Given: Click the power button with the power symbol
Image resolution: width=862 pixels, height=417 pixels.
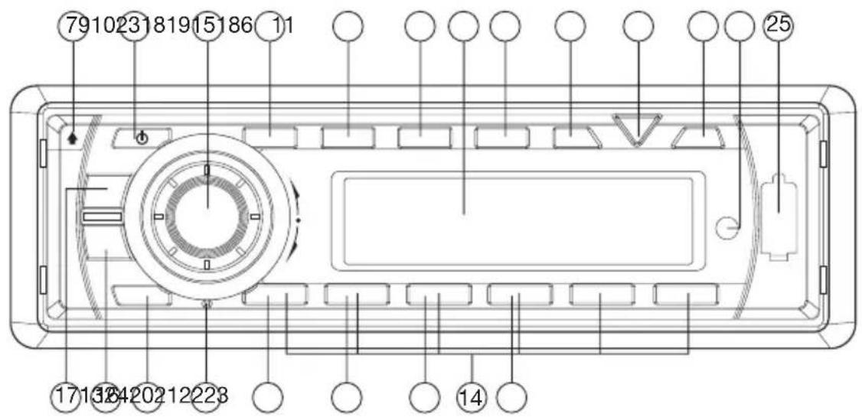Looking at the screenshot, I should click(141, 138).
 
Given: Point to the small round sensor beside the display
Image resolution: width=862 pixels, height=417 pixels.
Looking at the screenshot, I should click(729, 226).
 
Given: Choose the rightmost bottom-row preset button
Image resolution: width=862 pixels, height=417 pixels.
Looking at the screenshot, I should click(686, 295).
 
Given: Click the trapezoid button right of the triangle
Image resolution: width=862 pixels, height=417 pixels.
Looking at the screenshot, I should click(701, 137).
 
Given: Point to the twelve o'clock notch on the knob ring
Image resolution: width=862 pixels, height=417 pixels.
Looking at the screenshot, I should click(207, 170).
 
